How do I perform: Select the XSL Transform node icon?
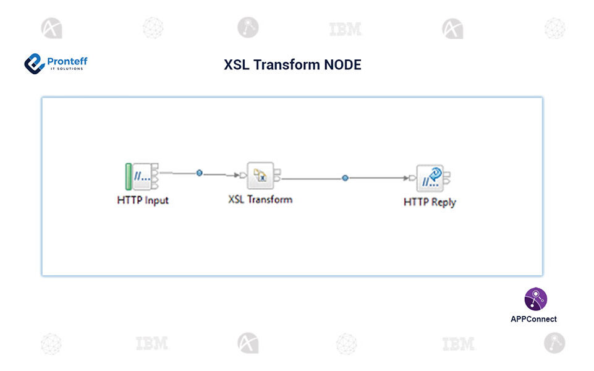[260, 176]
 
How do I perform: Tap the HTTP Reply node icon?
[430, 178]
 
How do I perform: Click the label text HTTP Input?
[143, 200]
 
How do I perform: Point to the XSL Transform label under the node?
[260, 199]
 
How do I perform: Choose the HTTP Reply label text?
[430, 202]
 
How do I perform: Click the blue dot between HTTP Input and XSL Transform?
[199, 173]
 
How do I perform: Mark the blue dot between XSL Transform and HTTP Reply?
[345, 178]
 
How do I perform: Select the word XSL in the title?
[237, 65]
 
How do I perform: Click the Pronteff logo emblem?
[34, 63]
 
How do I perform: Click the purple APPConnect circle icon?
[536, 299]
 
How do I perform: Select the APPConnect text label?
[533, 319]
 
